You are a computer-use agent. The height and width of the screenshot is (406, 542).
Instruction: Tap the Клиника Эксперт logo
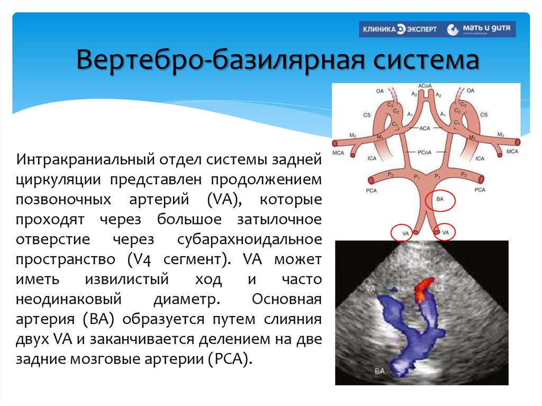tap(400, 29)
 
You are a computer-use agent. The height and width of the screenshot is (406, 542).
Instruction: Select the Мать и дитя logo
tap(481, 29)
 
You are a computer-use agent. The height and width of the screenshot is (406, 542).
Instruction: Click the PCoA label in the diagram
tap(423, 152)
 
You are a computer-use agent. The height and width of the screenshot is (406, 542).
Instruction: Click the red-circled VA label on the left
tap(405, 232)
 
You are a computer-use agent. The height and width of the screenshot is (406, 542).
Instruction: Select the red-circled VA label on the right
tap(445, 232)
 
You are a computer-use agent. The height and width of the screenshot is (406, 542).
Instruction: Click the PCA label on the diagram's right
tap(480, 190)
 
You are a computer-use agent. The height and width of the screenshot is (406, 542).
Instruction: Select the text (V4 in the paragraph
tap(141, 259)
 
